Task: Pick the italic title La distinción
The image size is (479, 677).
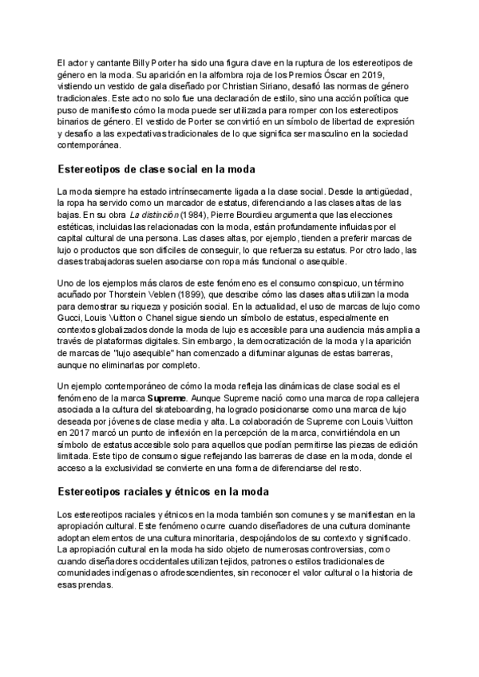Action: pyautogui.click(x=153, y=215)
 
